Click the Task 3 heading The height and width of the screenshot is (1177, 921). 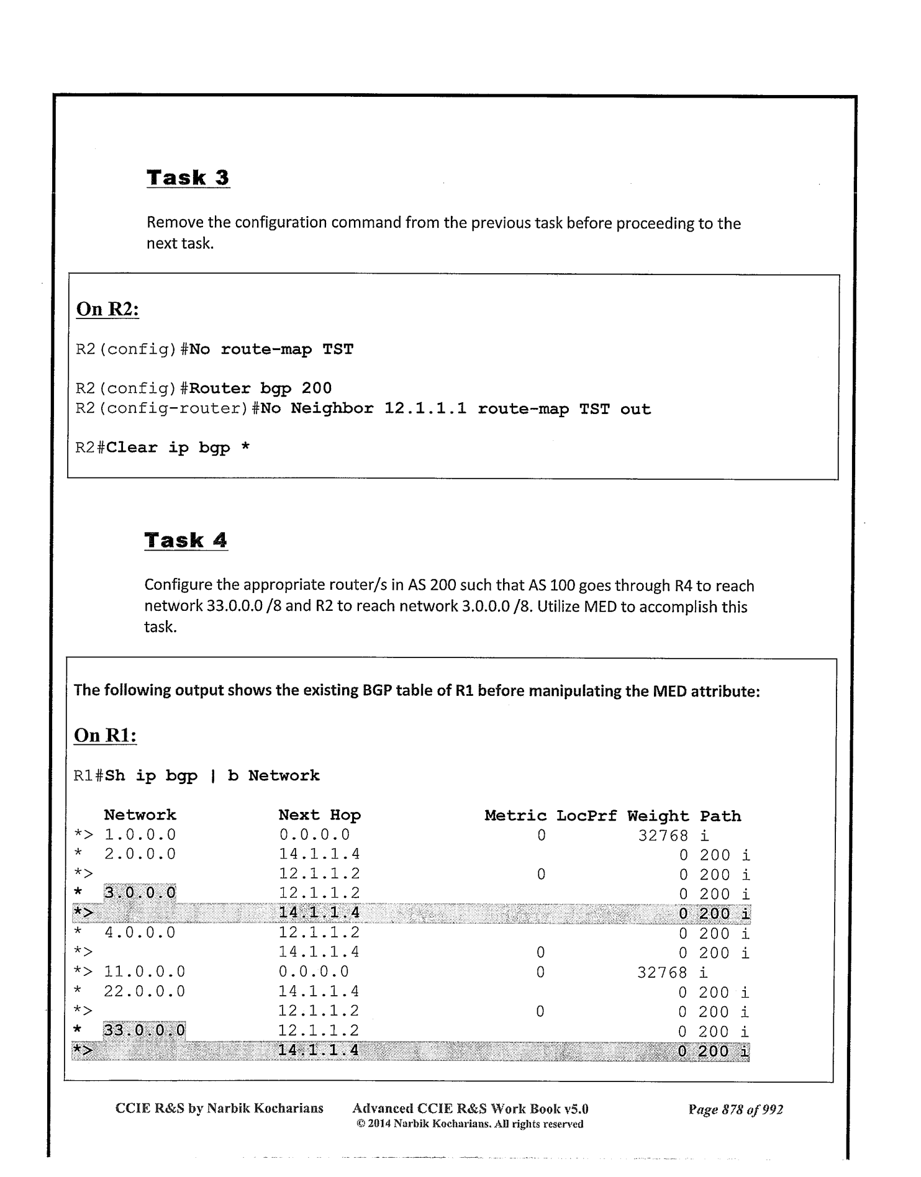pos(188,178)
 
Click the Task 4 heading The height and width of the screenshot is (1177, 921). pos(186,540)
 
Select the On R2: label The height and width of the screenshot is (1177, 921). pos(107,309)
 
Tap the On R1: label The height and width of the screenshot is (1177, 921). pos(105,735)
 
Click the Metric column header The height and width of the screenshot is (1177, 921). pos(515,816)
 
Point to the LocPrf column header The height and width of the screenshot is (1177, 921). pos(586,816)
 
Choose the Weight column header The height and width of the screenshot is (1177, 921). pos(658,816)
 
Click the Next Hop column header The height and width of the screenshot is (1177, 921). pos(319,815)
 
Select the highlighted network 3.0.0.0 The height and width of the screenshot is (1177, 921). pos(140,893)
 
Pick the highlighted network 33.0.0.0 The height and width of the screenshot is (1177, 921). pos(144,1030)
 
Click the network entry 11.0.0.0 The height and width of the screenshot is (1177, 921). pos(144,972)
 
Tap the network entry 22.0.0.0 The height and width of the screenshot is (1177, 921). pos(144,991)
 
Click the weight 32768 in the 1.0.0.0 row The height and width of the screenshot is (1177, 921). pos(663,836)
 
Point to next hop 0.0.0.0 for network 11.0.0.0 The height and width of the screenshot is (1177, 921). pos(314,972)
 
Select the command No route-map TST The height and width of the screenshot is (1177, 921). pos(271,349)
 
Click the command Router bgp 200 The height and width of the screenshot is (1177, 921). pos(261,389)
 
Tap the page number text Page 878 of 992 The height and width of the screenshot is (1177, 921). pos(735,1109)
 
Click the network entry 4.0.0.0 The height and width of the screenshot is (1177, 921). pos(140,932)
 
